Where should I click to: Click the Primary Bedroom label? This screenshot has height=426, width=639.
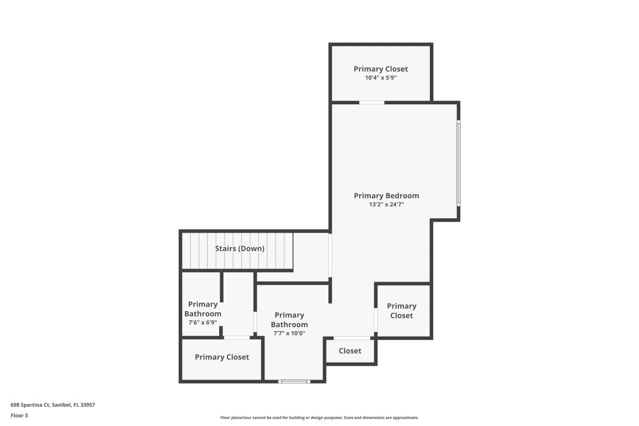(386, 196)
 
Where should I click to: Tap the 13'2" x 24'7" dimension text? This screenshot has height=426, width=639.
(386, 204)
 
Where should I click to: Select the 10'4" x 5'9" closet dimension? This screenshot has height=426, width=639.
(381, 78)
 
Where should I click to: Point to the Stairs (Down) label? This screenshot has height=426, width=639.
(240, 248)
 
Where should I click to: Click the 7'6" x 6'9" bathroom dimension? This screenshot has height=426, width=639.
(203, 323)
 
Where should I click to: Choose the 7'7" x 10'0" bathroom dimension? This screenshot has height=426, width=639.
(289, 333)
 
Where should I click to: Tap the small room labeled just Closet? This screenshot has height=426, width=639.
(350, 351)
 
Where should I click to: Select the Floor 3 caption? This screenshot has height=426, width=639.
(19, 415)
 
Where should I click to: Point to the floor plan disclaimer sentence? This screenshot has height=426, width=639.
(319, 418)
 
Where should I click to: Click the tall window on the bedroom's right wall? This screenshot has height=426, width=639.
(458, 163)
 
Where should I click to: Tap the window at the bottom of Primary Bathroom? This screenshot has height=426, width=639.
(294, 382)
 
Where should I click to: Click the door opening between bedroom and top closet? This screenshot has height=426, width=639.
(372, 102)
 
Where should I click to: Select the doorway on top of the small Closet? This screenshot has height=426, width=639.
(352, 338)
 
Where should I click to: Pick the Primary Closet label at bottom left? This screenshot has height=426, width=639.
(222, 357)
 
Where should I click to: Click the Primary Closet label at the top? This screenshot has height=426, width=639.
(381, 69)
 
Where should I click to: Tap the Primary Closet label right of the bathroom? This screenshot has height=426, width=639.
(401, 311)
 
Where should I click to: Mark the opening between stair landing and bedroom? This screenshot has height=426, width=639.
(330, 255)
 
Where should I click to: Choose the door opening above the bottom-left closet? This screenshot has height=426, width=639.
(237, 338)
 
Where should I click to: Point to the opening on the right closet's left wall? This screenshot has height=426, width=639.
(375, 320)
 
